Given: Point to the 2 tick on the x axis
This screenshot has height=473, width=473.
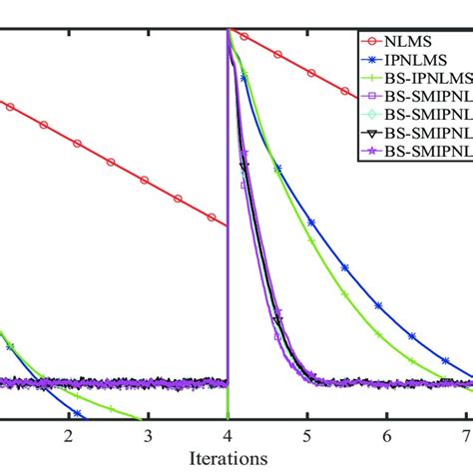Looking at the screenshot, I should [68, 438].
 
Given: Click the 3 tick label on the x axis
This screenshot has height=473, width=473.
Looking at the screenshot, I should [148, 438].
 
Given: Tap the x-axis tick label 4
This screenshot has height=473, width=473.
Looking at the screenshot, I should [228, 438].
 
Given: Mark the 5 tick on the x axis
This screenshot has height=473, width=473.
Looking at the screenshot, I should [307, 438].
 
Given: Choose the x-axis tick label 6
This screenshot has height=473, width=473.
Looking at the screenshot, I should [387, 438].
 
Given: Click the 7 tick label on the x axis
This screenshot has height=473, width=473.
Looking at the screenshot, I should [466, 438].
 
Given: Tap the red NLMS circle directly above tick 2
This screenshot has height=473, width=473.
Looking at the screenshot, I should [77, 143].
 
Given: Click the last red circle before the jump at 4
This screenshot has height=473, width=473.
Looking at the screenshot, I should [213, 217].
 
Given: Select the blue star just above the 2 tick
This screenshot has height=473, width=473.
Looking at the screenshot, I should [77, 412].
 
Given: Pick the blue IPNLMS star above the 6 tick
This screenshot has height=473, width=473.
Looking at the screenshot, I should [379, 304].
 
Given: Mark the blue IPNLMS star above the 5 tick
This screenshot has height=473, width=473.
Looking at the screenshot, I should [312, 224].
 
